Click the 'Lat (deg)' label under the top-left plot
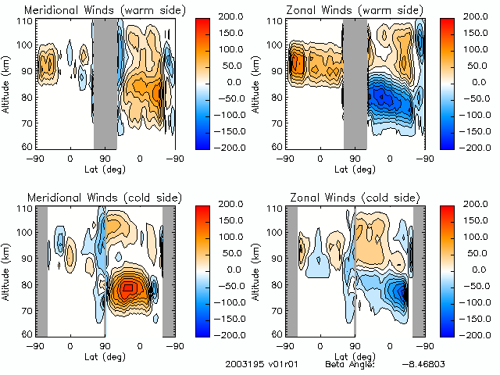click(105, 168)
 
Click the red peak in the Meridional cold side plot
click(128, 288)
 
